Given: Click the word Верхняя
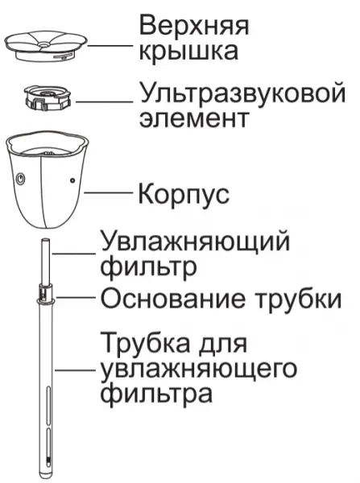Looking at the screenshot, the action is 194,25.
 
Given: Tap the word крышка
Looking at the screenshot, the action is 189,52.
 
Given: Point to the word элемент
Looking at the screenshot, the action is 193,118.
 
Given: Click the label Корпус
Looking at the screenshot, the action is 184,195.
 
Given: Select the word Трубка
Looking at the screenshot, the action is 147,343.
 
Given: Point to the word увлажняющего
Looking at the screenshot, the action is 199,369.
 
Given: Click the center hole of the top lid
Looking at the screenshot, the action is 44,45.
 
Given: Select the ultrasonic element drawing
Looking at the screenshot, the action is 48,97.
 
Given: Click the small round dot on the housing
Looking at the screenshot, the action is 72,180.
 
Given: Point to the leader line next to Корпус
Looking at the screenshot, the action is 109,193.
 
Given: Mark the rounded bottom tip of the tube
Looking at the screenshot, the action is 46,477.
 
